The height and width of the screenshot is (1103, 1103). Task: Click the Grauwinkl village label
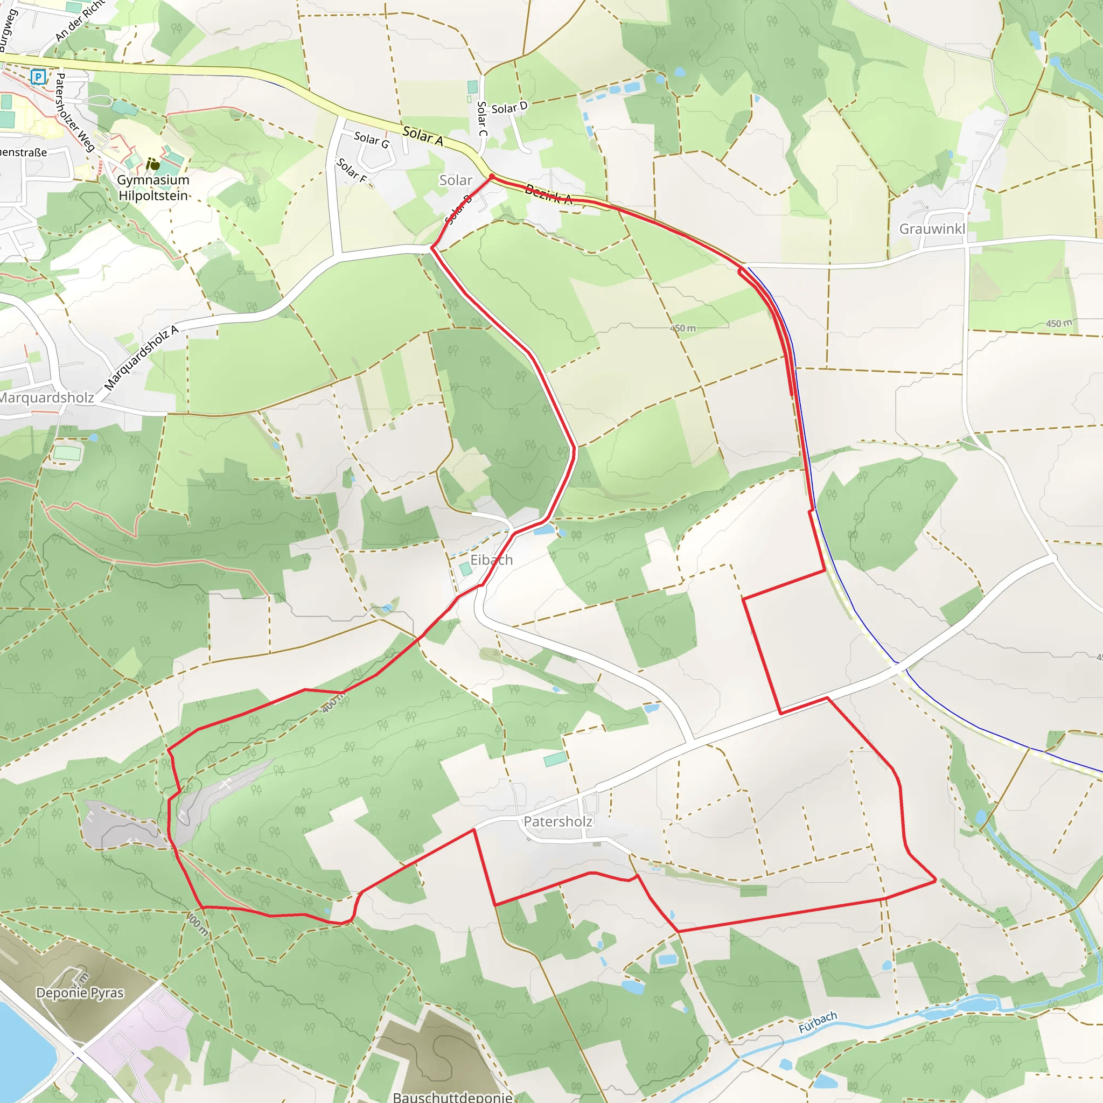point(932,229)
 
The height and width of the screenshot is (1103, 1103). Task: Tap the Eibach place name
point(491,560)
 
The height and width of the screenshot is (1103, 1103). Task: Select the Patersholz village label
point(558,821)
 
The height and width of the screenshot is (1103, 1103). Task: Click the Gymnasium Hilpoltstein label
point(153,188)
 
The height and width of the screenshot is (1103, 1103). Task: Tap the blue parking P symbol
point(38,76)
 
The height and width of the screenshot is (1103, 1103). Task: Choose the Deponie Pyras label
point(80,993)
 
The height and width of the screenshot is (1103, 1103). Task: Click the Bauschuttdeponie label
point(452,1097)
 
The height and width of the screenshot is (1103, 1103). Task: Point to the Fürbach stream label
point(818,1022)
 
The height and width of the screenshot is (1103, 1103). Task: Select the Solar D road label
point(509,107)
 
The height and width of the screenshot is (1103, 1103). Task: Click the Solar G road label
point(371,139)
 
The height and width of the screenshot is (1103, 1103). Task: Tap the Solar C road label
point(482,118)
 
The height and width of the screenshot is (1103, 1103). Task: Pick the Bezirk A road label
point(548,194)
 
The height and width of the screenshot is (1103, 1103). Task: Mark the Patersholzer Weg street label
point(74,113)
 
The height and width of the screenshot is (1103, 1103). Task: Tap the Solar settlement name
point(455,180)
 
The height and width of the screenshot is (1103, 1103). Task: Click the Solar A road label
point(422,135)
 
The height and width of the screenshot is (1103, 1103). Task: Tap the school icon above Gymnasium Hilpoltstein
point(152,164)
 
